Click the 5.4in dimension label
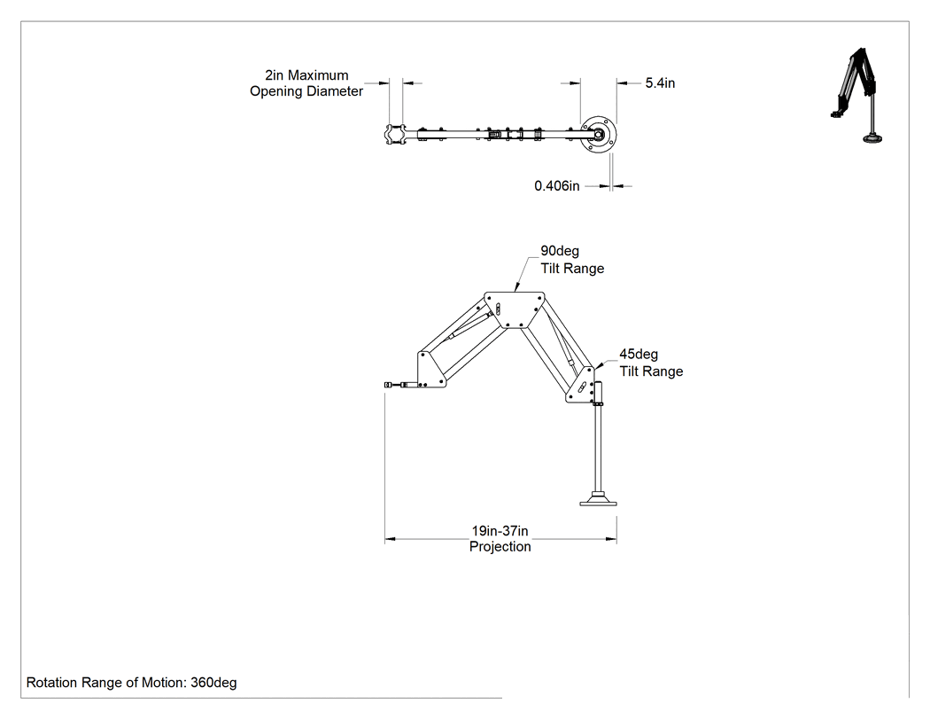pos(660,83)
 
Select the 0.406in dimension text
pos(557,186)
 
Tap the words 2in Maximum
pos(306,75)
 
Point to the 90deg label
pos(559,251)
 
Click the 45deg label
pos(639,355)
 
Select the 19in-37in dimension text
pos(500,531)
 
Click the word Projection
pos(500,547)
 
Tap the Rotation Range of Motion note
pos(132,683)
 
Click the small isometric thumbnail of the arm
pos(856,96)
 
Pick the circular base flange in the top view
pos(598,135)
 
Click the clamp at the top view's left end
pos(395,135)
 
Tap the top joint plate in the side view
pos(515,309)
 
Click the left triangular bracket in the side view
pos(430,370)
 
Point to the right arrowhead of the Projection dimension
pos(611,539)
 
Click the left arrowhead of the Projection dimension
pos(391,539)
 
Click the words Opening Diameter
pos(306,91)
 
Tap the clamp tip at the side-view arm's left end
pos(388,385)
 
